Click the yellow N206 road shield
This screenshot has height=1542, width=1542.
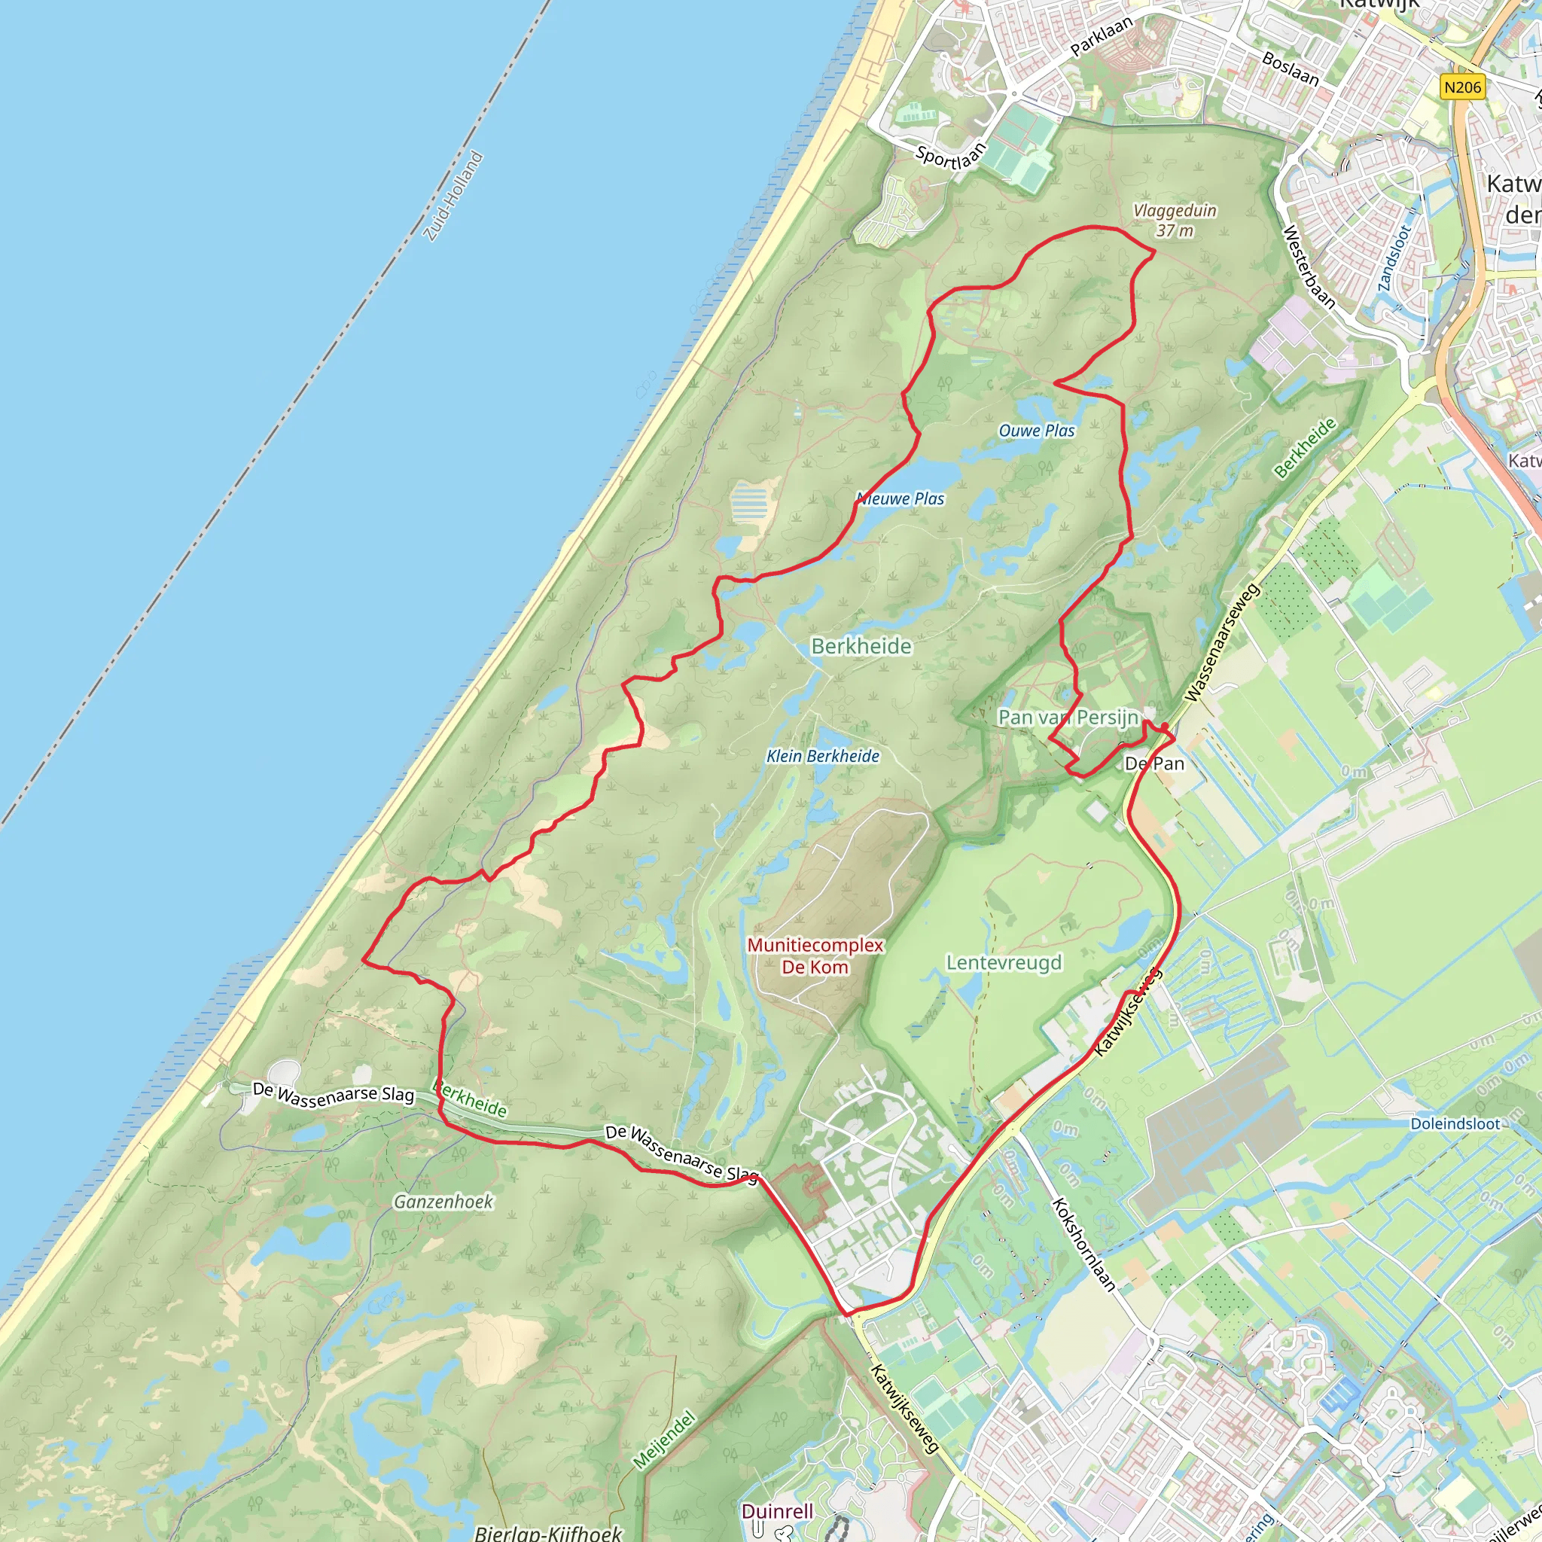tap(1462, 87)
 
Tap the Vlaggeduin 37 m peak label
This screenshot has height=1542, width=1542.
tap(1175, 221)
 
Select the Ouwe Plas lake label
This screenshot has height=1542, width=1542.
tap(1037, 431)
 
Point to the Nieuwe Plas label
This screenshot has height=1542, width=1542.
tap(901, 499)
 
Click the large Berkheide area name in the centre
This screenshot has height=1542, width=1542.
tap(861, 647)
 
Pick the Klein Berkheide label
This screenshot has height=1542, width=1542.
tap(823, 756)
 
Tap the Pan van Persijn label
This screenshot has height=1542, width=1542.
tap(1068, 718)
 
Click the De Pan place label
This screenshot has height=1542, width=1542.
tap(1154, 763)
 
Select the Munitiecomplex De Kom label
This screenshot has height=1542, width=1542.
tap(815, 956)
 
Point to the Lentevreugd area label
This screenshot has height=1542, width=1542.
tap(1004, 962)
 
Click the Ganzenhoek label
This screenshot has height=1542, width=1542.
tap(443, 1201)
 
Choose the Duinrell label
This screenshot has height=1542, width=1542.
tap(777, 1511)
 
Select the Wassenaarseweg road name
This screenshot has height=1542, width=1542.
tap(1222, 643)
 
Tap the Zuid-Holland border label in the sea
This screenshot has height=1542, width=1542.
tap(453, 197)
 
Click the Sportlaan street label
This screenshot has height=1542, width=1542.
tap(951, 154)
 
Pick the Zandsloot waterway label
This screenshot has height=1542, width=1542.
tap(1395, 258)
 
